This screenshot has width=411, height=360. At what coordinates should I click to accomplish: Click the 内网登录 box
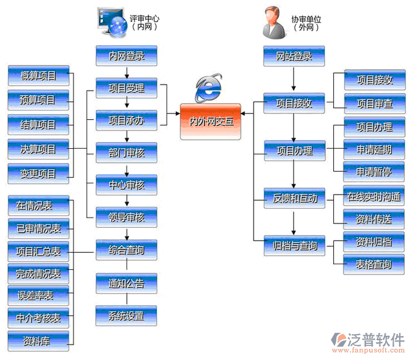point(127,56)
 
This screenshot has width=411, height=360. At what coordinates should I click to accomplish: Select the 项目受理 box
point(127,88)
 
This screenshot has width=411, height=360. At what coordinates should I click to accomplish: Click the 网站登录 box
point(294,56)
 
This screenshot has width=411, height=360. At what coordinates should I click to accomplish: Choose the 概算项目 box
point(38,76)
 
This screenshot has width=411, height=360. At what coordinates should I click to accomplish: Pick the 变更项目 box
point(38,172)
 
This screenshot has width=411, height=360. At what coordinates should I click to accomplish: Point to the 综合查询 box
point(127,250)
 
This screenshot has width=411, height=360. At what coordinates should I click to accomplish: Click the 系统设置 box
point(127,316)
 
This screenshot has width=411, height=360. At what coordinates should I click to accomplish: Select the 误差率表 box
point(38,295)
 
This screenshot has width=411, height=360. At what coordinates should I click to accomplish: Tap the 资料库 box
point(38,340)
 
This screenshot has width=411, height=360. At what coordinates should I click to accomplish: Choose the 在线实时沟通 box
point(374,198)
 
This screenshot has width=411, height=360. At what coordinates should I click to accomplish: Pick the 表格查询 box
point(374,264)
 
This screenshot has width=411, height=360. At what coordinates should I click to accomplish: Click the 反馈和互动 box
point(294,198)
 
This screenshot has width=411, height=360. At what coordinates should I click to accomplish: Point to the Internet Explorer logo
point(209,88)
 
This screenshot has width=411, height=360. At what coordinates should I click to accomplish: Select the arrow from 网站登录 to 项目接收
point(294,79)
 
